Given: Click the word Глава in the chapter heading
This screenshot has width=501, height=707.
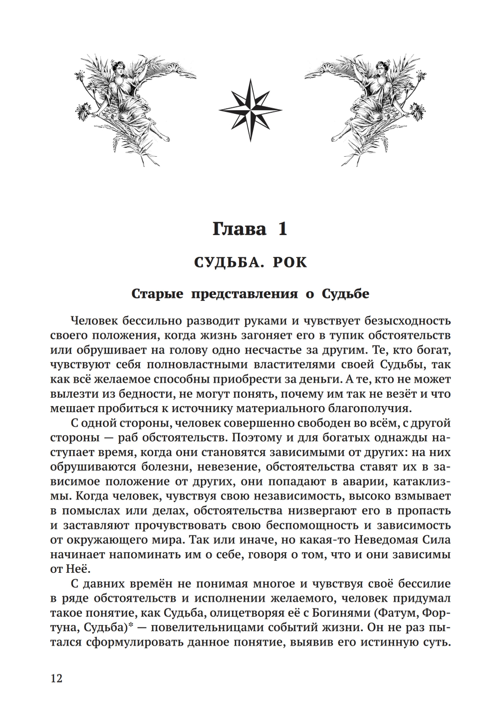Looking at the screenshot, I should [x=239, y=229].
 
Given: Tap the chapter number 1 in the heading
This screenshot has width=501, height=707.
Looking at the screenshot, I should [x=283, y=229].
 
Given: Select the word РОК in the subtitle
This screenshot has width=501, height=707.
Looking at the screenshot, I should [x=290, y=262].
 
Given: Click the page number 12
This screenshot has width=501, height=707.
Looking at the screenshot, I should [x=57, y=678].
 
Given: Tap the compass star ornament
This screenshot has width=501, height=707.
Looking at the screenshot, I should [x=250, y=110].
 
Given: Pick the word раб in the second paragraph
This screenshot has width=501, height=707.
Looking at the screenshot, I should [x=128, y=437].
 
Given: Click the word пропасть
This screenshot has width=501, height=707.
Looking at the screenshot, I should [x=424, y=511].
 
